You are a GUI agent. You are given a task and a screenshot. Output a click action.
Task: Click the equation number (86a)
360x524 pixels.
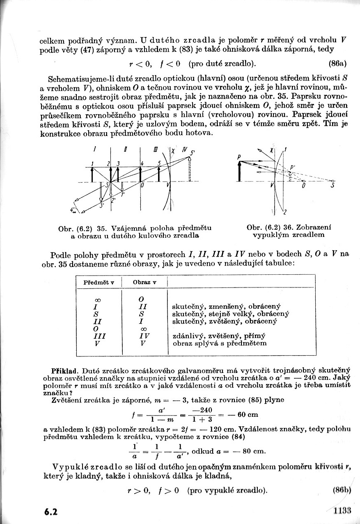coord(338,64)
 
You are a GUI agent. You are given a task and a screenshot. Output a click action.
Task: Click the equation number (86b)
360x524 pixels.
coord(342,490)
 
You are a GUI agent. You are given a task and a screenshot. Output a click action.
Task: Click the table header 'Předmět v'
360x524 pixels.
coord(99,283)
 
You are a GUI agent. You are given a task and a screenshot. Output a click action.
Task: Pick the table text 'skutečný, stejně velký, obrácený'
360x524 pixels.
coord(231,314)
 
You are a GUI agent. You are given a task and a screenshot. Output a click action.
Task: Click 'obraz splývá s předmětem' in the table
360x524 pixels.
coord(220,343)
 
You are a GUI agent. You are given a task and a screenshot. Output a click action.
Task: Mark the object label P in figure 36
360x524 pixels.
coord(239,156)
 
